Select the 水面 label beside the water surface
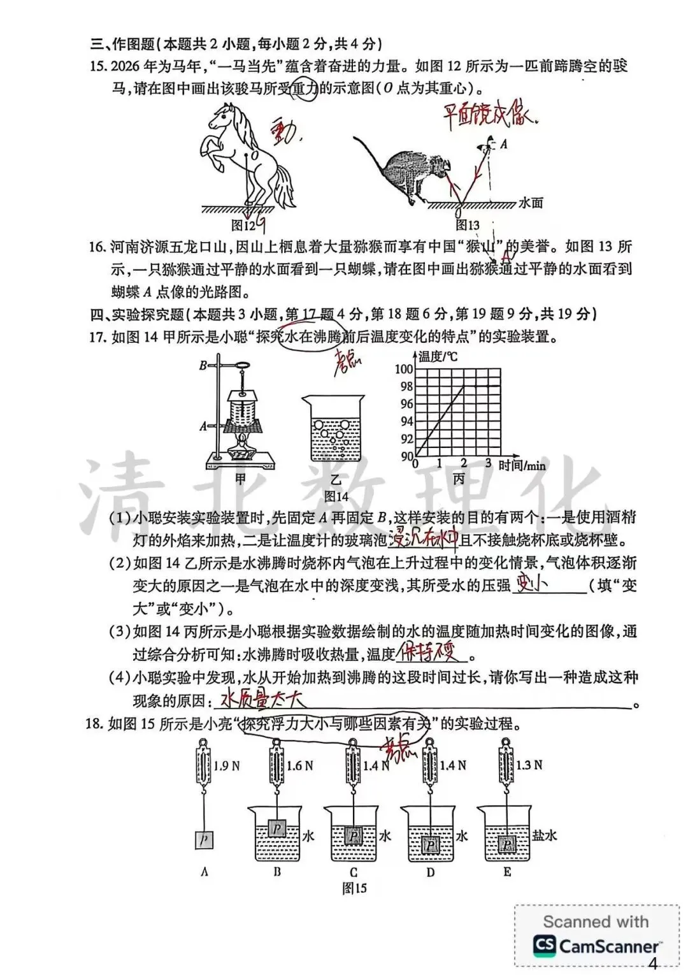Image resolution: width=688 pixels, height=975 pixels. click(531, 203)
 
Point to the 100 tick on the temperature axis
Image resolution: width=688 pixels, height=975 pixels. click(404, 369)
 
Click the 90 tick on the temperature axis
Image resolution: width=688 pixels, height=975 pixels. click(406, 456)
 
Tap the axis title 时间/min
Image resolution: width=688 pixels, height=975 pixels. click(522, 465)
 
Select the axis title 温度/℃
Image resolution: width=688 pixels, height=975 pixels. click(438, 356)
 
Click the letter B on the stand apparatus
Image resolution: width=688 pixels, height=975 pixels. click(203, 365)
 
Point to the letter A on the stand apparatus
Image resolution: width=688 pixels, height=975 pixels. click(203, 426)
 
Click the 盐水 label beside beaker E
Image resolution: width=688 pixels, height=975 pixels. click(544, 835)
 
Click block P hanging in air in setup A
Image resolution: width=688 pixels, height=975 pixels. click(204, 841)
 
